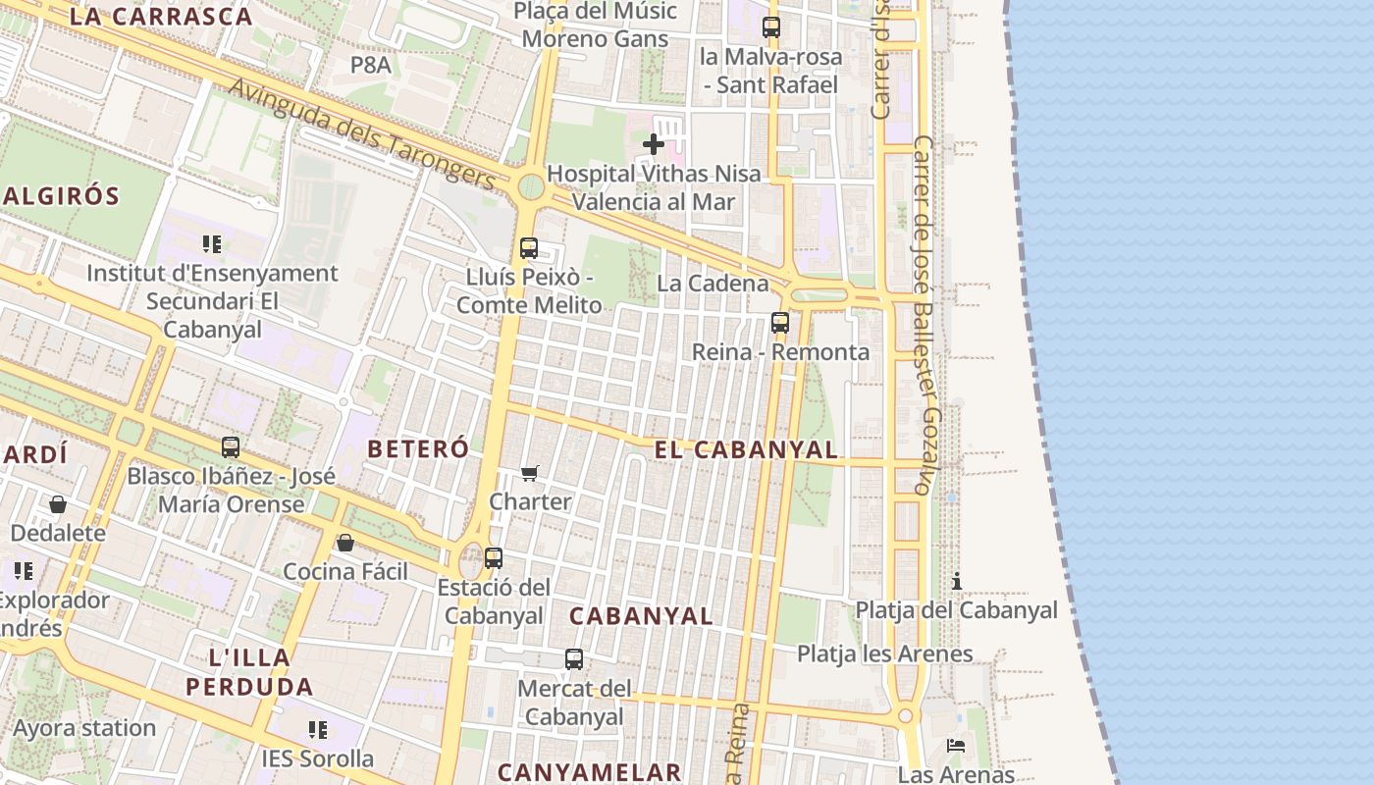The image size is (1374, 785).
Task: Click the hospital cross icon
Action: point(653,145)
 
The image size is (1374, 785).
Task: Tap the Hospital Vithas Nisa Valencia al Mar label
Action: point(654,187)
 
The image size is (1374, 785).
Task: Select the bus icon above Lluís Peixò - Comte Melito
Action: point(529,248)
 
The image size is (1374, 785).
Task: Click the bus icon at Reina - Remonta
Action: point(780,322)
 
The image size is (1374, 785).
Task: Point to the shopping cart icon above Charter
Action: point(530,474)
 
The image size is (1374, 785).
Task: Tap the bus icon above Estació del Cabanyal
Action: point(494,558)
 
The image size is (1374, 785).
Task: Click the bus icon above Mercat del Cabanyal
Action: point(574,659)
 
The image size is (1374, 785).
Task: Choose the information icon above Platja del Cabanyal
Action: point(957,581)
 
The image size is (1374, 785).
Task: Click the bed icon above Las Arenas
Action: point(956,746)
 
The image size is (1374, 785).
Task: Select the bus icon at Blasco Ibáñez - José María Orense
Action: point(231,447)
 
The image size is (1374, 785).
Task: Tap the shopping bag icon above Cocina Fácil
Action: point(345,543)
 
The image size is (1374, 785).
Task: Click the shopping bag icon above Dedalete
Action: point(58,504)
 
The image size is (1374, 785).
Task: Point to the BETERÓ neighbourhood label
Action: point(418,449)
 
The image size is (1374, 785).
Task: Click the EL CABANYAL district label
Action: point(746,450)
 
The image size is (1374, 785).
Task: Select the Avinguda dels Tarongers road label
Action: point(362,133)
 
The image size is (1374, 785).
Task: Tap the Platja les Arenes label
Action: point(884,654)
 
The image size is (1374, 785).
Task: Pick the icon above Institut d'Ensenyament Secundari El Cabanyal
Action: point(212,243)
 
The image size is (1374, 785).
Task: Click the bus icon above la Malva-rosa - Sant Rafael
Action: point(771,27)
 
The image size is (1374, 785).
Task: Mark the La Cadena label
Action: point(713,284)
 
